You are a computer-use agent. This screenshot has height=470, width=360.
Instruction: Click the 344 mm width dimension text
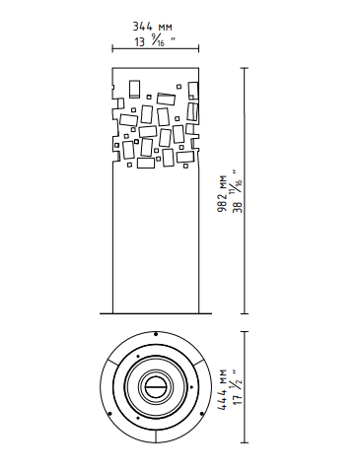152,27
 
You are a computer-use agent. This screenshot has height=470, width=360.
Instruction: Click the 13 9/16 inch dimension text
155,41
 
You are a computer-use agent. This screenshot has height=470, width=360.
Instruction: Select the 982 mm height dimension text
223,193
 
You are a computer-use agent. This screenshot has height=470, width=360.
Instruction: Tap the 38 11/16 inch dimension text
237,191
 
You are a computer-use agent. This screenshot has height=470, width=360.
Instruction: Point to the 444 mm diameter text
223,389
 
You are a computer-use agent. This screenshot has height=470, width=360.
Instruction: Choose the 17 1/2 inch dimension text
237,387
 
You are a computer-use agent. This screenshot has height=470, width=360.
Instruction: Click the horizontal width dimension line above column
156,49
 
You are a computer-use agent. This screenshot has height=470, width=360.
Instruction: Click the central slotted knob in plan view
156,387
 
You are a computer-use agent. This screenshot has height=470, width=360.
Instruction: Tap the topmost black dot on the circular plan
156,334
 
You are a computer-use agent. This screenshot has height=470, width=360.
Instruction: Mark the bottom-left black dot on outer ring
109,414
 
